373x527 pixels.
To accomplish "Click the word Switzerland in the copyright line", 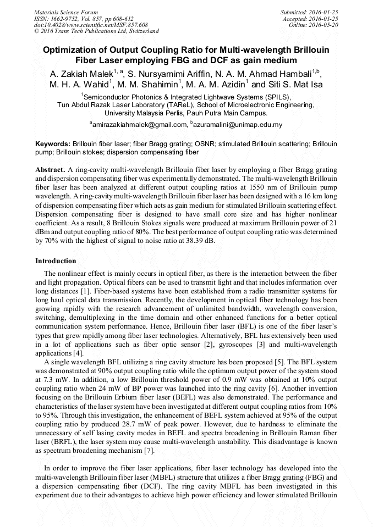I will coord(140,31).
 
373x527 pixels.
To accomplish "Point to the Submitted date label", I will coord(296,12).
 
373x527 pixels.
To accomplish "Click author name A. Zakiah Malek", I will coord(81,73).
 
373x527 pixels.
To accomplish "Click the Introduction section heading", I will coord(56,260).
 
